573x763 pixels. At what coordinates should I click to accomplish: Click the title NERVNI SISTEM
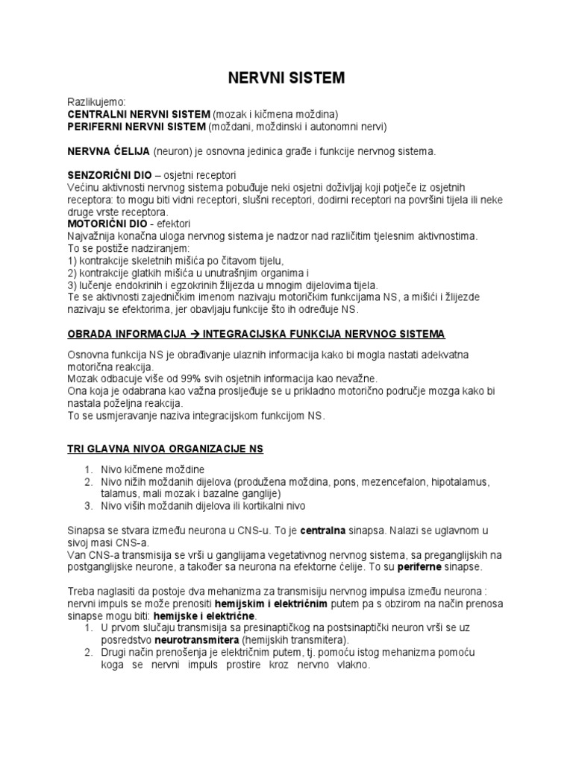(286, 77)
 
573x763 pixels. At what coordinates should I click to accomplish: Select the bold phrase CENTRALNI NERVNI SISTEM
(139, 114)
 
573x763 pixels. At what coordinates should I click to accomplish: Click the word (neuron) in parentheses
(175, 151)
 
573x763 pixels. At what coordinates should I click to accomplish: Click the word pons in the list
(340, 481)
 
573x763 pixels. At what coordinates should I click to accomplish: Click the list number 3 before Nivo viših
(87, 505)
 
